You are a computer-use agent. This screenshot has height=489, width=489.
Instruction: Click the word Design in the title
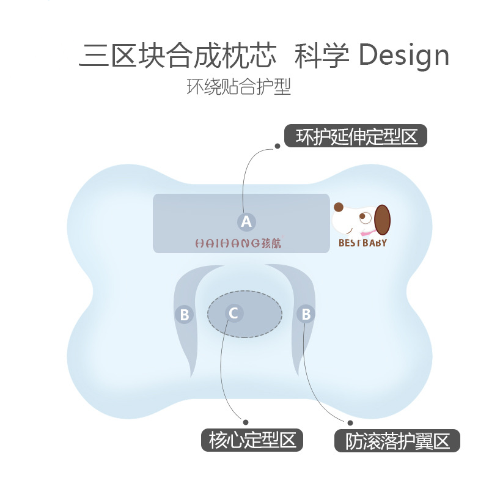click(x=404, y=56)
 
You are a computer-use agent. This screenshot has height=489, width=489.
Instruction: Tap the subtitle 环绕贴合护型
click(x=238, y=86)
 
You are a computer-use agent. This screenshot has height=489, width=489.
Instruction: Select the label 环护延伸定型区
click(x=356, y=136)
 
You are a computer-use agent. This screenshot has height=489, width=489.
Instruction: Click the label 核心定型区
click(x=252, y=440)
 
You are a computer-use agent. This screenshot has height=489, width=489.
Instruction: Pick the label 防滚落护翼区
click(x=397, y=441)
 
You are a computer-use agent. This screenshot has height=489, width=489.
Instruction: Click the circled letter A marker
click(x=246, y=222)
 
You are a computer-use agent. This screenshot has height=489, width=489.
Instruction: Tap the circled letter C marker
click(x=234, y=313)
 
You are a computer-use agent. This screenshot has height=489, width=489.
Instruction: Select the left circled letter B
click(x=185, y=314)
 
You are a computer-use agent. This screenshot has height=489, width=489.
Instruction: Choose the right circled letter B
click(x=306, y=314)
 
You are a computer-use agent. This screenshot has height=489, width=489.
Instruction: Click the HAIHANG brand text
click(x=227, y=243)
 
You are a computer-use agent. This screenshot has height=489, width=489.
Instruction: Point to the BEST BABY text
click(x=362, y=243)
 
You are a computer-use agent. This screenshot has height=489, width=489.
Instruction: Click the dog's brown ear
click(x=383, y=220)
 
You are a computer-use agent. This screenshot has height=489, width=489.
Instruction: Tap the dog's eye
click(x=362, y=216)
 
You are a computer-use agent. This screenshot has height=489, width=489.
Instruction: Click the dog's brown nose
click(x=339, y=207)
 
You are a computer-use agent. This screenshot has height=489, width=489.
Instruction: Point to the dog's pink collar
click(x=368, y=233)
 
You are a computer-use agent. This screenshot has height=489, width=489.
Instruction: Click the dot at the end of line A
click(x=278, y=146)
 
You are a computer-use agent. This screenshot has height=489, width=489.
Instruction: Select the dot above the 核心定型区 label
click(x=246, y=422)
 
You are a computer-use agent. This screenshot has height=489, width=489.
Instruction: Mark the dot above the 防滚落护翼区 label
click(x=350, y=423)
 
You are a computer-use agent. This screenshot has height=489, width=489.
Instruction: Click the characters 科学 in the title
click(x=322, y=56)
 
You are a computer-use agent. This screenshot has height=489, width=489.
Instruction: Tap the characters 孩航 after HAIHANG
click(x=271, y=243)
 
